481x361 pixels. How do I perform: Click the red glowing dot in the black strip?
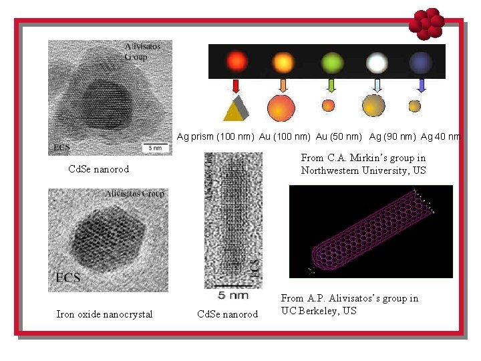click(236, 62)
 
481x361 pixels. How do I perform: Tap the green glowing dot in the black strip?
click(331, 62)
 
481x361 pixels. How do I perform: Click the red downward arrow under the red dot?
click(236, 86)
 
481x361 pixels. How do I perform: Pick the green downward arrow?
click(331, 86)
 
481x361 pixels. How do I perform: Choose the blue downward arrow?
click(421, 86)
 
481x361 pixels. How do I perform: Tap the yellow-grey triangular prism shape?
click(235, 108)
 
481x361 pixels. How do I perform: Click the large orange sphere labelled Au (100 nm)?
click(281, 108)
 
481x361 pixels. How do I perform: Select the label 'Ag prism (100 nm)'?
click(215, 137)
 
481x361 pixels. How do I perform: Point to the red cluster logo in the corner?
click(426, 24)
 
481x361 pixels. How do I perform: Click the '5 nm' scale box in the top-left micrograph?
click(155, 146)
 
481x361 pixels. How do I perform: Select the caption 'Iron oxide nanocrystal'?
click(104, 314)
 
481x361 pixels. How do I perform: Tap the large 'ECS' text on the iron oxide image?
click(68, 277)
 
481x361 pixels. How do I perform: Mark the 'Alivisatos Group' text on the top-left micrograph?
click(138, 51)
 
